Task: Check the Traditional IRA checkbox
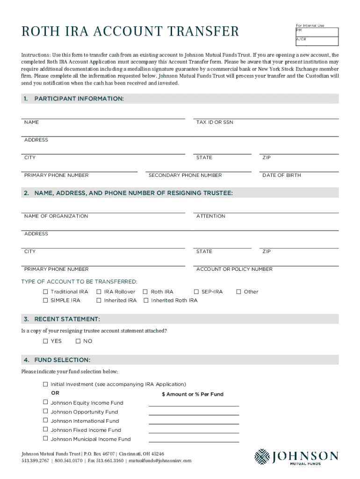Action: coord(46,291)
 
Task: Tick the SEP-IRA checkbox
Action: coord(196,291)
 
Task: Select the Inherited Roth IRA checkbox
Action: coord(146,300)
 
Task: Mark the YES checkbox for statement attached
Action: coord(46,341)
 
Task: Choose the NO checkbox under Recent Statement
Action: coord(78,341)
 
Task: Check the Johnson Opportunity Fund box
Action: coord(46,412)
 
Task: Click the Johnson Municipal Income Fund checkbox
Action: coord(46,439)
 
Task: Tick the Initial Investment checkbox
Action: coord(46,384)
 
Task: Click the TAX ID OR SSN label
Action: coord(215,122)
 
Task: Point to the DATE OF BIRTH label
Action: coord(281,175)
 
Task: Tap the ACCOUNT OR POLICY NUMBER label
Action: coord(234,269)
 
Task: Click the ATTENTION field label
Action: coord(211,216)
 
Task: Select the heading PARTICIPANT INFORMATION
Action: coord(79,99)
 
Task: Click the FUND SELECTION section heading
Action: coord(62,360)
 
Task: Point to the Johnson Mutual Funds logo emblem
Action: coord(262,457)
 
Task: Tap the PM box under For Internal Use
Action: coord(317,32)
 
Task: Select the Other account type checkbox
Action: coord(239,291)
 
